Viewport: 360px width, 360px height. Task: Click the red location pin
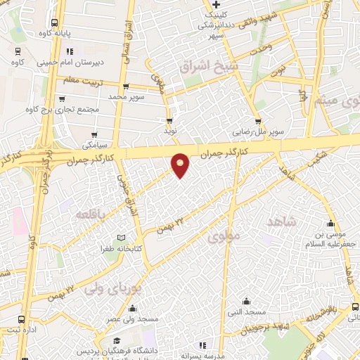click(181, 165)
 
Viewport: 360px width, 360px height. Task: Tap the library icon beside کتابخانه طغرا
click(122, 238)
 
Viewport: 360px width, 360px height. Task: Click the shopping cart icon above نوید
click(169, 120)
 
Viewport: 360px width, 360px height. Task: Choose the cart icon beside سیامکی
click(94, 135)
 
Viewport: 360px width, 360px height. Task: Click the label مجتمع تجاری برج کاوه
click(63, 110)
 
